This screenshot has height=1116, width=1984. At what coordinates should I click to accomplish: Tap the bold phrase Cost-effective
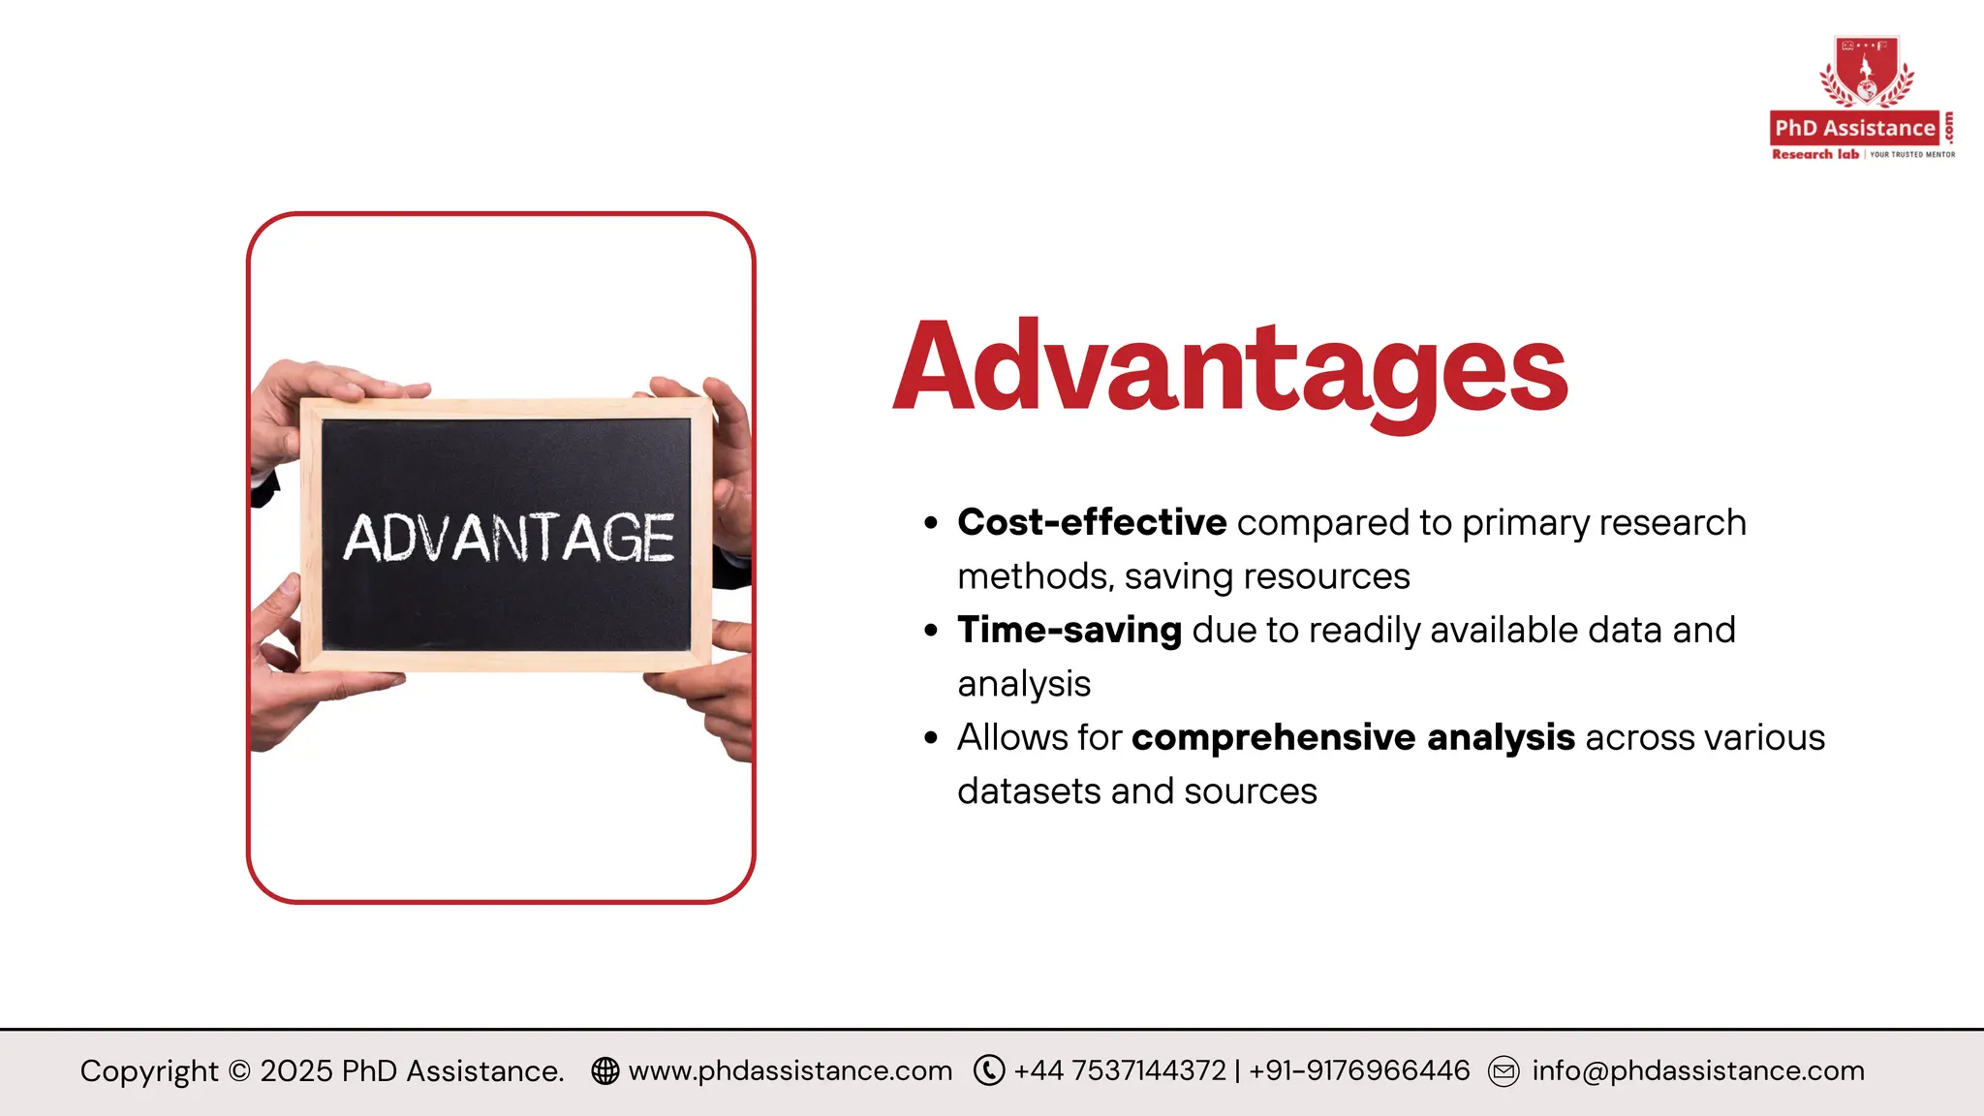(1092, 522)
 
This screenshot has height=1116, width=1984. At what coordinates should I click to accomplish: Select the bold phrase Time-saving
(1069, 630)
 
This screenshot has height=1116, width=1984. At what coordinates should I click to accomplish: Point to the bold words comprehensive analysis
(1353, 737)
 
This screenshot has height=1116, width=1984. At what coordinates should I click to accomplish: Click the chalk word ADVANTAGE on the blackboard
(510, 538)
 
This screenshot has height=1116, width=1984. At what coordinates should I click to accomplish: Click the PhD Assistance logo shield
(1867, 72)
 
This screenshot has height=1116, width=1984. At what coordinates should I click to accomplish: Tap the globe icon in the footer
(605, 1070)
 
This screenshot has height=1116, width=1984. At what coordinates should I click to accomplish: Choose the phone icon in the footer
(989, 1070)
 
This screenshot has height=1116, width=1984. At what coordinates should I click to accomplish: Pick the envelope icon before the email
(1503, 1071)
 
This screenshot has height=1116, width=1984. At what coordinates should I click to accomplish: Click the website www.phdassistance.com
(790, 1070)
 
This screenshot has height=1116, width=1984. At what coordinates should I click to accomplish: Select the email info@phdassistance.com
(1698, 1070)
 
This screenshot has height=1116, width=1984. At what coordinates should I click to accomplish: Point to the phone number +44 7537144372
(1120, 1070)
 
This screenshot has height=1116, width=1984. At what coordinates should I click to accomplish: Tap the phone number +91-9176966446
(1359, 1070)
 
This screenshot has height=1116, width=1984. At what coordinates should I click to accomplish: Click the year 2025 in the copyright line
(296, 1070)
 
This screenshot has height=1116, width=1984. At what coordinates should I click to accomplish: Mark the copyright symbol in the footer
(239, 1071)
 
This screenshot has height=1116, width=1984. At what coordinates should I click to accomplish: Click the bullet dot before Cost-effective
(931, 523)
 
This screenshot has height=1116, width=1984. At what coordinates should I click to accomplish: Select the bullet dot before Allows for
(931, 738)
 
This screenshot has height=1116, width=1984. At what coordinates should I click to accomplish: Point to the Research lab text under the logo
(1815, 154)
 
